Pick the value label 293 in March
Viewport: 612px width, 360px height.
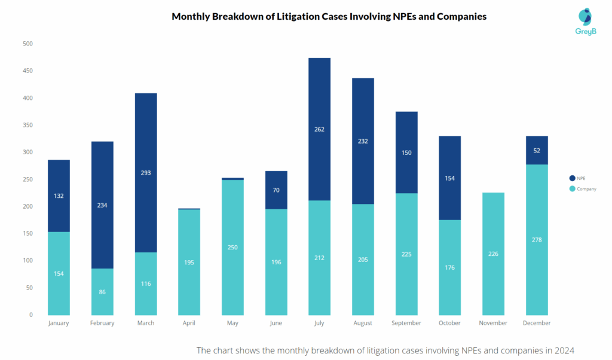(146, 173)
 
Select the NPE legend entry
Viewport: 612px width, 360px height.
(577, 178)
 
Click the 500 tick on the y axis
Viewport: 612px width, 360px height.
(28, 44)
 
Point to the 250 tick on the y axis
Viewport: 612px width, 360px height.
(28, 179)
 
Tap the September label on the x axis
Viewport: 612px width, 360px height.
(406, 323)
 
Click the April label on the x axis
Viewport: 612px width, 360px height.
(189, 323)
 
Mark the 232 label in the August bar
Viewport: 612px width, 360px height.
(363, 142)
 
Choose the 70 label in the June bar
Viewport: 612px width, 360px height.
(276, 190)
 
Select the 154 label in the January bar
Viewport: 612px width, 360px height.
(59, 273)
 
